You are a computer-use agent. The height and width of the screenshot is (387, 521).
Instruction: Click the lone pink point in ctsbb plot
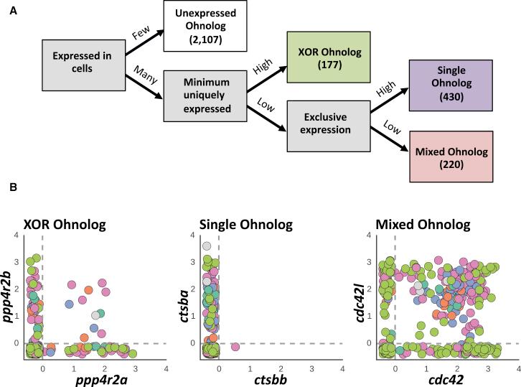[x=235, y=348]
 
